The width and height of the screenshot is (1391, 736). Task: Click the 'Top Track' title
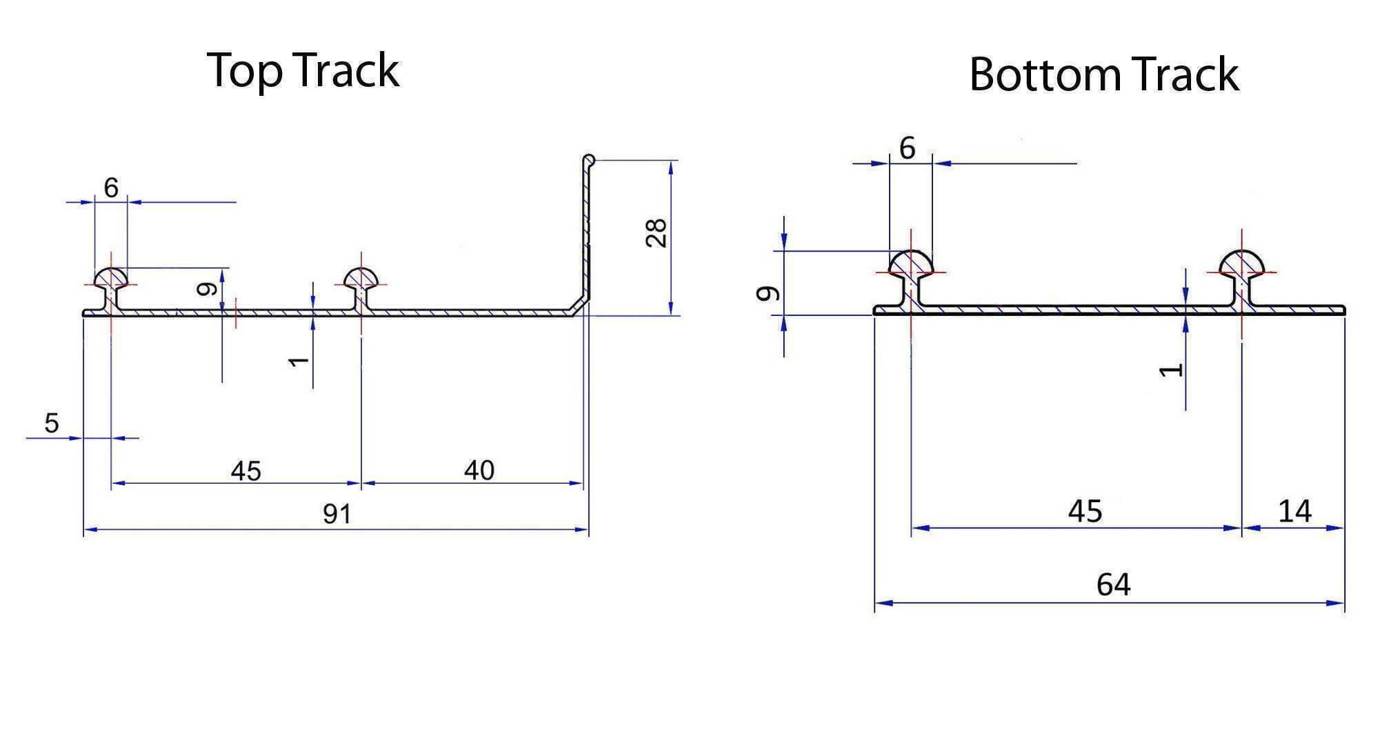tap(303, 70)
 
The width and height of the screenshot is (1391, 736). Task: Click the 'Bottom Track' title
tap(1103, 74)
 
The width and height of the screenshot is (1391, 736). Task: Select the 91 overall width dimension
tap(337, 514)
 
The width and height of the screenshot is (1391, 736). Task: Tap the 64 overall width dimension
tap(1113, 585)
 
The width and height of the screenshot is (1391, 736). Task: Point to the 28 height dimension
tap(656, 232)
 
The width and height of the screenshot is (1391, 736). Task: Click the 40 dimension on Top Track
tap(479, 470)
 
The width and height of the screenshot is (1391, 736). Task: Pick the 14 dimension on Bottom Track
tap(1294, 511)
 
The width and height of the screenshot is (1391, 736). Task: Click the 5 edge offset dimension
tap(52, 423)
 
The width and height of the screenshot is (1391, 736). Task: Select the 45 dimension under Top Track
tap(246, 471)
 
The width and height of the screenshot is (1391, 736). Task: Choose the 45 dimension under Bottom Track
tap(1085, 511)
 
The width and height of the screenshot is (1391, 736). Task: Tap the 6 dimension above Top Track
tap(111, 188)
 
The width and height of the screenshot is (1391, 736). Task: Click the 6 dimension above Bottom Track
tap(908, 148)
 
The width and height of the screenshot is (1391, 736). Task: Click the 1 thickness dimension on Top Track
tap(299, 361)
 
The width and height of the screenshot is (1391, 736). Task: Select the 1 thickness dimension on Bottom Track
tap(1171, 370)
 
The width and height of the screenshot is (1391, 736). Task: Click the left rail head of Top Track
tap(111, 277)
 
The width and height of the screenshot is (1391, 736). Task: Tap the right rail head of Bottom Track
tap(1242, 264)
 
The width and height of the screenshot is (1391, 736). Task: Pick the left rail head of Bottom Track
tap(911, 264)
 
